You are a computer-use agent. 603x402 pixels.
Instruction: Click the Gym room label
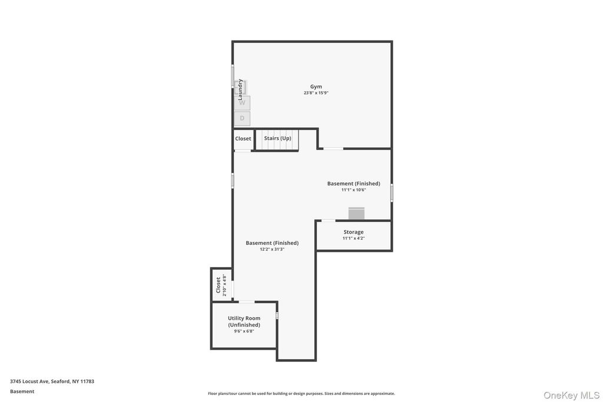(316, 87)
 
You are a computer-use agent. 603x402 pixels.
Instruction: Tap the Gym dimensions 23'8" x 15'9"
(316, 93)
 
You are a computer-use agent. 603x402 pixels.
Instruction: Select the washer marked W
(242, 103)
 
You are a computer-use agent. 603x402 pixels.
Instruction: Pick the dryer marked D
(242, 118)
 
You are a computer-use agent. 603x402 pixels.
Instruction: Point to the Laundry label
(240, 89)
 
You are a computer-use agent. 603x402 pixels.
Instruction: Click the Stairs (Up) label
(278, 138)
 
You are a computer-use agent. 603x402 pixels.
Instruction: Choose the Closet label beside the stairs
(243, 139)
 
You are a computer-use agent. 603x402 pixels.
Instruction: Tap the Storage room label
(353, 232)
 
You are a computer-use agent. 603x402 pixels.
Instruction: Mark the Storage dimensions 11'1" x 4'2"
(353, 238)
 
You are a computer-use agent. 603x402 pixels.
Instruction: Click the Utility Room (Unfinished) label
(244, 321)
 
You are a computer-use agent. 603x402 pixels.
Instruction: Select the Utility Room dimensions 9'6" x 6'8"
(244, 331)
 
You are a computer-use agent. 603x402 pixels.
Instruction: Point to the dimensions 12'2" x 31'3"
(272, 250)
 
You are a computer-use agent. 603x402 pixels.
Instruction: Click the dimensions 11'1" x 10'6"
(354, 190)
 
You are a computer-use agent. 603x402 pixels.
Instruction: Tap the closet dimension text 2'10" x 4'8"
(224, 285)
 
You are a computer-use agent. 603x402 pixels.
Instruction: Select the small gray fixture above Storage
(356, 213)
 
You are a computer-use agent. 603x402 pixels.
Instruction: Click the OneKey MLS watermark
(571, 395)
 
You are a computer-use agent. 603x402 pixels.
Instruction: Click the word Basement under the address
(22, 391)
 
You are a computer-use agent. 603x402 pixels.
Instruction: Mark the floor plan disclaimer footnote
(301, 394)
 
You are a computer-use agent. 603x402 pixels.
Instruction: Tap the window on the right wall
(392, 192)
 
